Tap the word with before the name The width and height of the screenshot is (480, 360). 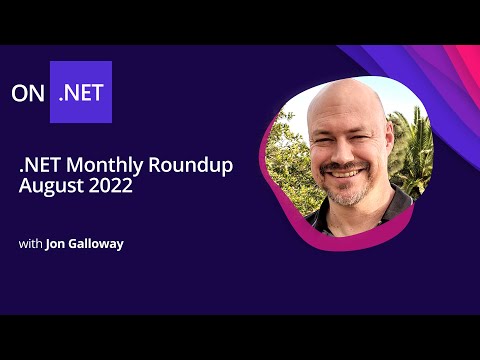click(x=30, y=243)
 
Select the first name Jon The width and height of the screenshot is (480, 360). click(x=56, y=243)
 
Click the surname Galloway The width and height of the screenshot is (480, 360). click(x=98, y=243)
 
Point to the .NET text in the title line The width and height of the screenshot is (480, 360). click(x=40, y=165)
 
